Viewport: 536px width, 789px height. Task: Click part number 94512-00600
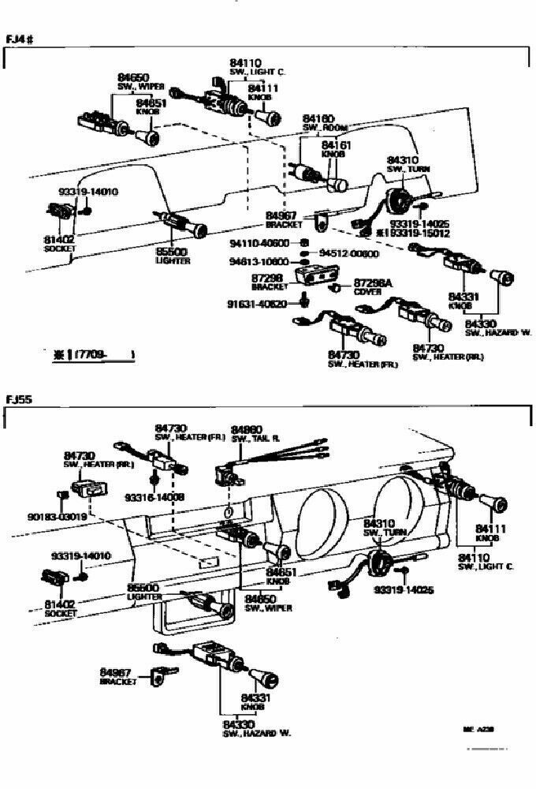point(349,254)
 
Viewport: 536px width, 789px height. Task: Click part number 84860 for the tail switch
point(247,430)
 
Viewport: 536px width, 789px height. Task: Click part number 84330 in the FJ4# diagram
point(479,323)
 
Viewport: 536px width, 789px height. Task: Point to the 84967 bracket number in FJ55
point(115,671)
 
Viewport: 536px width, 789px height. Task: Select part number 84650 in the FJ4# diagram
point(133,77)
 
